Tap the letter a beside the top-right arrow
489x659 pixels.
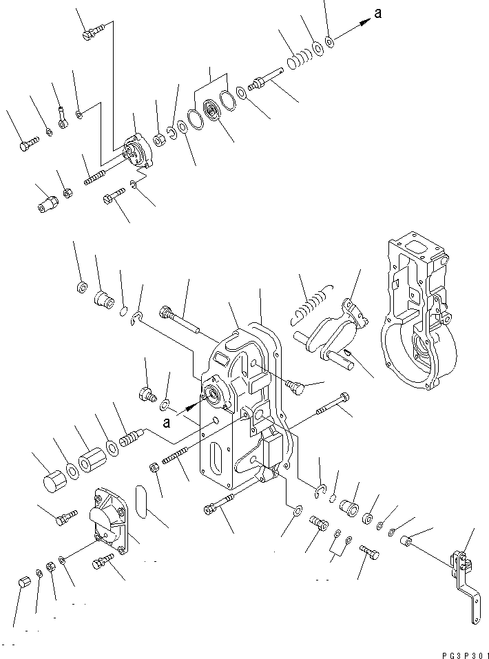coord(377,13)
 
